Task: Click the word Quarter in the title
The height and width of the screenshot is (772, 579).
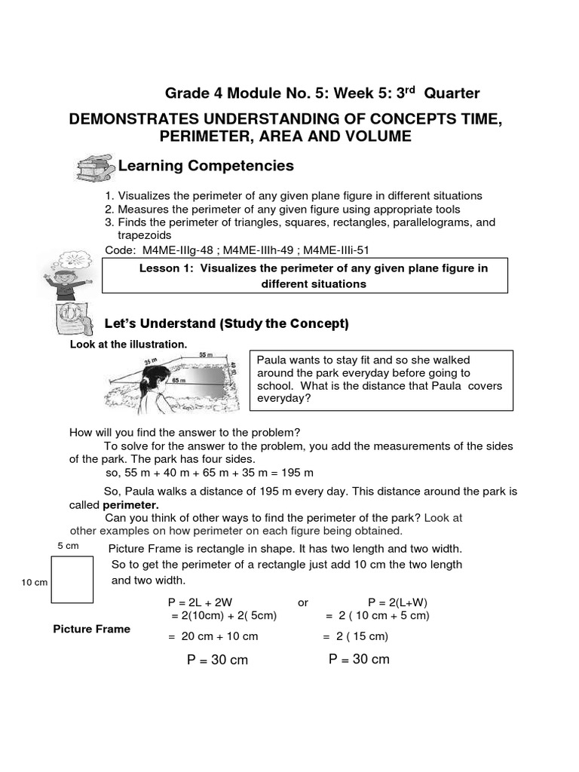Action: point(452,93)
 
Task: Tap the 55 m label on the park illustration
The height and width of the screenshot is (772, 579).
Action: point(206,354)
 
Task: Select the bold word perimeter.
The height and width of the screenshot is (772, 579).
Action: point(130,504)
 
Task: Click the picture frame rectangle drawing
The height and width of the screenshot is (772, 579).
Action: point(72,579)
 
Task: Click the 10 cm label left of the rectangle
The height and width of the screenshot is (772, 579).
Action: point(34,583)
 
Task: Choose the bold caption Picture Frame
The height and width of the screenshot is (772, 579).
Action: point(91,629)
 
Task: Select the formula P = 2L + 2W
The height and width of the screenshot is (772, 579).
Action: point(200,602)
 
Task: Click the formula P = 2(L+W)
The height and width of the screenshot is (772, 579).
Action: point(398,602)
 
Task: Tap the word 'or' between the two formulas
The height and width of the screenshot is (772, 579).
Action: point(303,602)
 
